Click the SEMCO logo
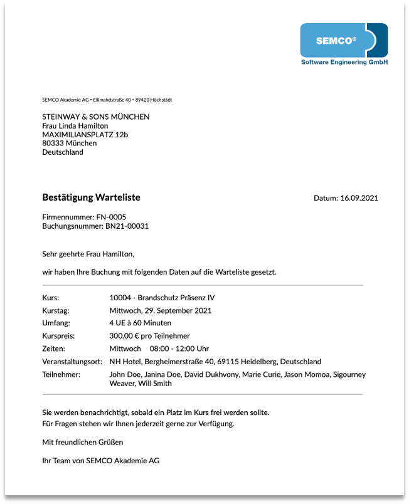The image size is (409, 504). point(343,41)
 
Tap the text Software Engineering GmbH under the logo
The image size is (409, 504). point(344,63)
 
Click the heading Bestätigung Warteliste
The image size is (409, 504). point(91,197)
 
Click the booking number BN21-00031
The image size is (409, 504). point(127,226)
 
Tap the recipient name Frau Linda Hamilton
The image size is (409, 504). point(75,125)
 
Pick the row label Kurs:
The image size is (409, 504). point(51,298)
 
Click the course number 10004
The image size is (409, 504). point(120,298)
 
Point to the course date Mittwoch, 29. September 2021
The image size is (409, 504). point(160,310)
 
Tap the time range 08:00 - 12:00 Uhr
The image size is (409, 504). point(179,349)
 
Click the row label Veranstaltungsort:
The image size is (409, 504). point(72,362)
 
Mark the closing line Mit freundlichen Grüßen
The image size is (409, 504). point(78,442)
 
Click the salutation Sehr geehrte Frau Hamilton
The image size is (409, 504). point(88,254)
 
